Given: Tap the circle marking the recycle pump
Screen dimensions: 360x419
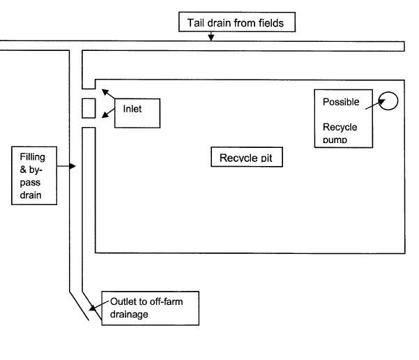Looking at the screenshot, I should click(388, 101).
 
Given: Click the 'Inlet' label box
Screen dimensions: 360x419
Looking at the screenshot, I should click(137, 112).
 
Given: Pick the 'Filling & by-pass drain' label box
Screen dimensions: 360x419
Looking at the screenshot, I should click(33, 174).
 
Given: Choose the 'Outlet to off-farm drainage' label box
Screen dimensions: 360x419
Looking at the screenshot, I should click(150, 308).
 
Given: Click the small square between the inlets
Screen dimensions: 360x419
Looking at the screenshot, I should click(89, 109).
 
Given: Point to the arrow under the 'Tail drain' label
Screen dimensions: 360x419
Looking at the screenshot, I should click(211, 37).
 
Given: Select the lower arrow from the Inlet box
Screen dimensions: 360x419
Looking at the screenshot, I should click(107, 117).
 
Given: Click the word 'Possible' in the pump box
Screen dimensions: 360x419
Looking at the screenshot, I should click(340, 103).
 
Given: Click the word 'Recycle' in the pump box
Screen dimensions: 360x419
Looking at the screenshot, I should click(340, 128).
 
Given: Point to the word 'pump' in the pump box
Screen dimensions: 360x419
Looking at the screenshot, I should click(335, 140).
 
